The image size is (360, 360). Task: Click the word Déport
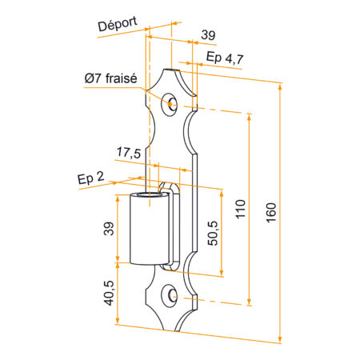(118, 24)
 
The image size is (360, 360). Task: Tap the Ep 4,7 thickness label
(225, 58)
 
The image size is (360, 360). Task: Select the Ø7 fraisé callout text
(111, 78)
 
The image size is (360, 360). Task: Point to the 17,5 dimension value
(129, 153)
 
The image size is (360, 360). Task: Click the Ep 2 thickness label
(90, 178)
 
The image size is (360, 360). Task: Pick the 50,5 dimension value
(213, 233)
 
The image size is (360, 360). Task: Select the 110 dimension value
(240, 209)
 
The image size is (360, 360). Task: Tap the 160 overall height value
(271, 213)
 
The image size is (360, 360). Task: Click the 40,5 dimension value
(109, 293)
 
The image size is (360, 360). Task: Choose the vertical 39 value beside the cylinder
(109, 229)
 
